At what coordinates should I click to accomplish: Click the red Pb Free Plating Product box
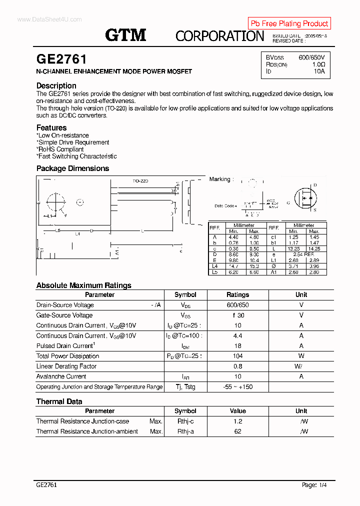click(x=289, y=23)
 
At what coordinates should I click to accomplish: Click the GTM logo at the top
click(x=125, y=34)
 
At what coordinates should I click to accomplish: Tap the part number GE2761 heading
click(x=61, y=59)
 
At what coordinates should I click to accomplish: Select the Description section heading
click(x=56, y=85)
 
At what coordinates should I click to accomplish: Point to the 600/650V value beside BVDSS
click(x=311, y=57)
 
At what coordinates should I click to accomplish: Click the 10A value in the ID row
click(x=319, y=71)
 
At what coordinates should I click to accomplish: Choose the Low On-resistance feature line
click(x=63, y=135)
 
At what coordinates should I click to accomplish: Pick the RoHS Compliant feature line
click(x=61, y=149)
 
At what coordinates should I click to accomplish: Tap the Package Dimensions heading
click(x=72, y=168)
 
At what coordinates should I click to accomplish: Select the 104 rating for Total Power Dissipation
click(x=237, y=356)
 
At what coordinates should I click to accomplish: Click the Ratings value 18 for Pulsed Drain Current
click(x=237, y=346)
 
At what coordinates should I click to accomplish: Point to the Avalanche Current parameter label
click(x=61, y=376)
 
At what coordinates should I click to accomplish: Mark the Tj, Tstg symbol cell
click(x=185, y=387)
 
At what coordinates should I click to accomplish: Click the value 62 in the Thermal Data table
click(x=237, y=431)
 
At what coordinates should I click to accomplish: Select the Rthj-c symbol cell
click(x=185, y=421)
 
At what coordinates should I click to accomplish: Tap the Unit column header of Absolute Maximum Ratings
click(x=301, y=295)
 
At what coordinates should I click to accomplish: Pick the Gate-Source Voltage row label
click(x=64, y=315)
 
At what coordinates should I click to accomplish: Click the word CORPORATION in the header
click(x=219, y=36)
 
